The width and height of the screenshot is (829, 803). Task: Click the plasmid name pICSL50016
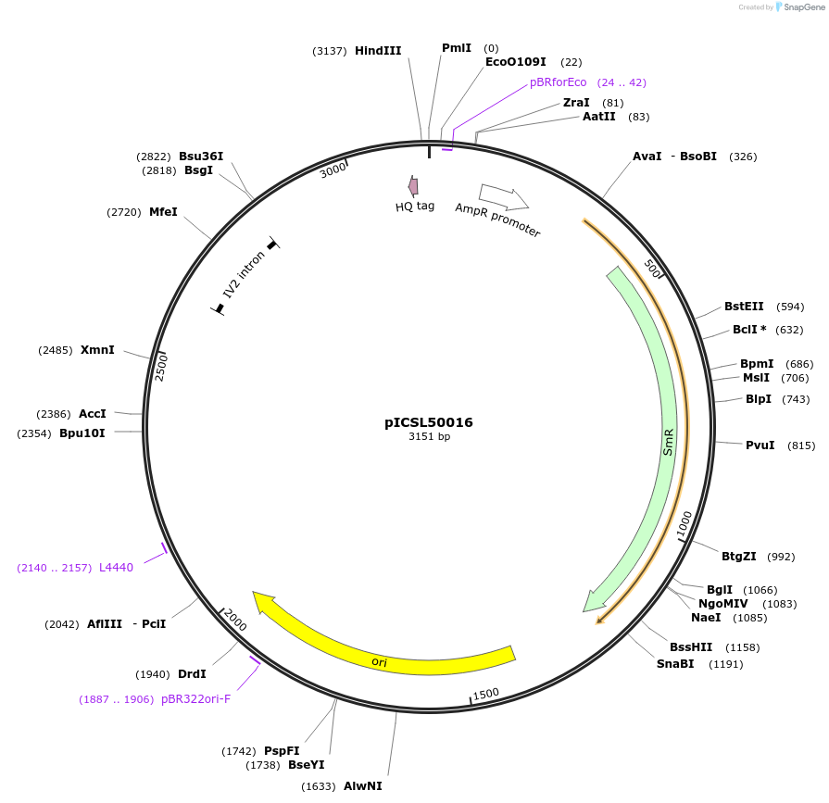[429, 422]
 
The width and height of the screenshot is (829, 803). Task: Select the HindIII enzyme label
[378, 51]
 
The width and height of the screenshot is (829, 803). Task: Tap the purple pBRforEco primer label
[558, 82]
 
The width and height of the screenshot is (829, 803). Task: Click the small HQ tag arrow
[413, 186]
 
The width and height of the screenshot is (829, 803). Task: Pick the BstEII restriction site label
[744, 307]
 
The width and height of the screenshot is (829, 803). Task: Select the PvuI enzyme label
[760, 445]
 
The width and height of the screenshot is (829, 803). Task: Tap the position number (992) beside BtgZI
[782, 557]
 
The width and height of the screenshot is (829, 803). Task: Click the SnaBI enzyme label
[675, 664]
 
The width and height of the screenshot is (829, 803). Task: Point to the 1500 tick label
[485, 694]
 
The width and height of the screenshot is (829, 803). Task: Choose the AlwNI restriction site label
[362, 786]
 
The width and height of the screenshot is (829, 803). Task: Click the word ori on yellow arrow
[379, 661]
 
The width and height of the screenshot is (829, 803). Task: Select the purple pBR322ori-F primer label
[195, 699]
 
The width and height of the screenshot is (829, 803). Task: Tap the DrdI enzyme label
[192, 674]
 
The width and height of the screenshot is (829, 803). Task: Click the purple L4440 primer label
[116, 567]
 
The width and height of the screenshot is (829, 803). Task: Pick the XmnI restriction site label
[97, 350]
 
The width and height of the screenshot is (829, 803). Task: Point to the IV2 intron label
[244, 274]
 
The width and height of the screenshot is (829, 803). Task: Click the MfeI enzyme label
[163, 212]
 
